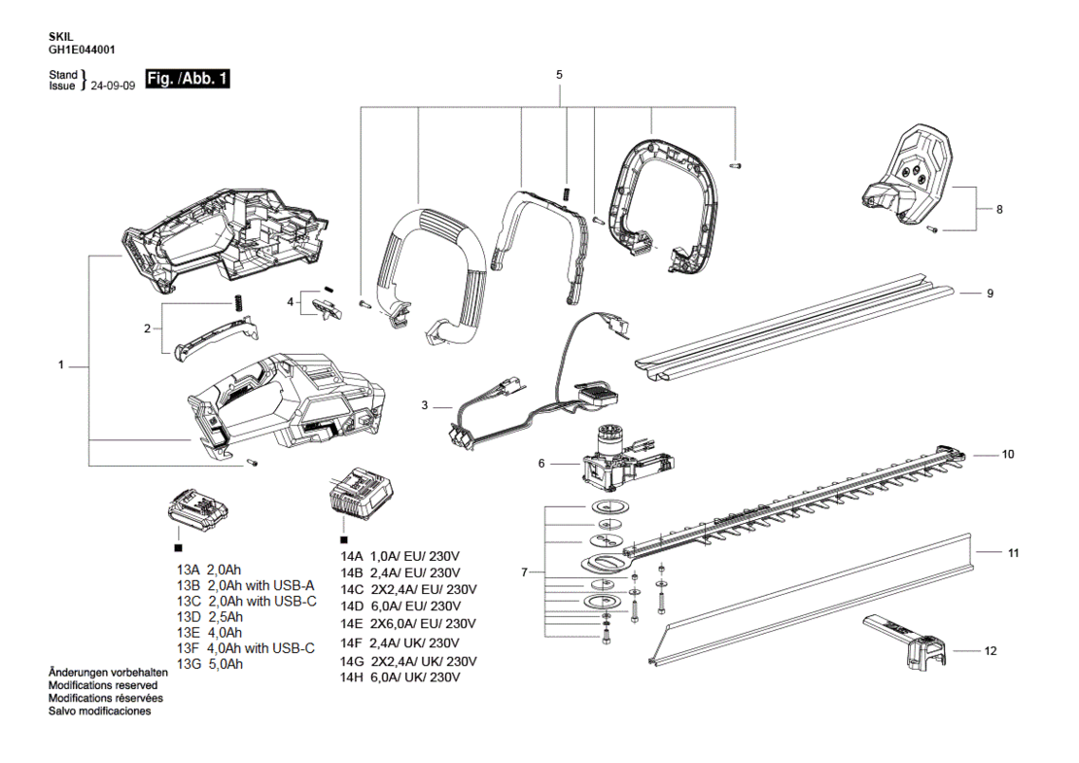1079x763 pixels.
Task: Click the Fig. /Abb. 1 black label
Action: click(x=188, y=79)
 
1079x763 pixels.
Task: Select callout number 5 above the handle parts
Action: click(x=559, y=74)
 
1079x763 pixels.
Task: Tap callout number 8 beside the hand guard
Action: click(x=999, y=209)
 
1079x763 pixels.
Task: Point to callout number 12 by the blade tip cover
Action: click(x=991, y=651)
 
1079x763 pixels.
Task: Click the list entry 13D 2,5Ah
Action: click(x=210, y=616)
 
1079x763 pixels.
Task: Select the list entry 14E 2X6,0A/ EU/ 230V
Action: click(x=408, y=624)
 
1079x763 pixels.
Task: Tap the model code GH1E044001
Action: click(x=82, y=50)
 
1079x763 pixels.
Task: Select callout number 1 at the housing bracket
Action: click(x=60, y=365)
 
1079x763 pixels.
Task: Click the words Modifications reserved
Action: click(x=102, y=685)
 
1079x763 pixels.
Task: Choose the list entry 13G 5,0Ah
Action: click(x=210, y=665)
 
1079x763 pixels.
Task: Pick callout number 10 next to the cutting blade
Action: click(x=1007, y=454)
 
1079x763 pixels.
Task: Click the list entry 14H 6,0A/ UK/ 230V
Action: click(x=400, y=677)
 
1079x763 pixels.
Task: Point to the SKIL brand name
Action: click(x=60, y=37)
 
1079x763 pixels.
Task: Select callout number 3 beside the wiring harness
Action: click(x=425, y=405)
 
